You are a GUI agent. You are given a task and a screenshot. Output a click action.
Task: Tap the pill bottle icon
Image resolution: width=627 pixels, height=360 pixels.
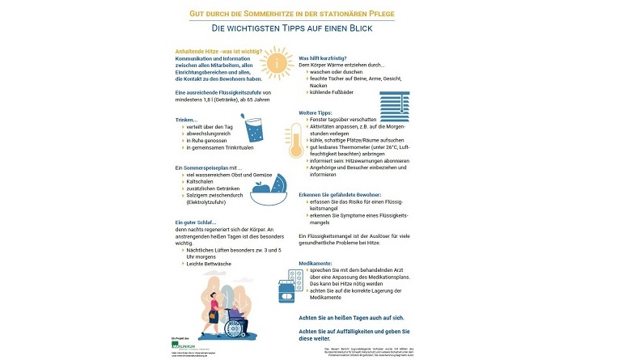(287, 292)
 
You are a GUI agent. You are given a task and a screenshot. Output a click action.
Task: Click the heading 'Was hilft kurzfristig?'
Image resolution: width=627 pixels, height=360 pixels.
(325, 58)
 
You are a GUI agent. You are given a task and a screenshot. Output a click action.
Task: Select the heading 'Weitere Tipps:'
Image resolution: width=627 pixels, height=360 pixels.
(316, 112)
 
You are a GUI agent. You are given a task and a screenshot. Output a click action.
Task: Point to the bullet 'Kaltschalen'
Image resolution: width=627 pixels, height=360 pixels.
(200, 183)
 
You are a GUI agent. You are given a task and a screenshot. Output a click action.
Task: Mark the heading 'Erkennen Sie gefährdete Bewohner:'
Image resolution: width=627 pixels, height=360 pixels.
(350, 194)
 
